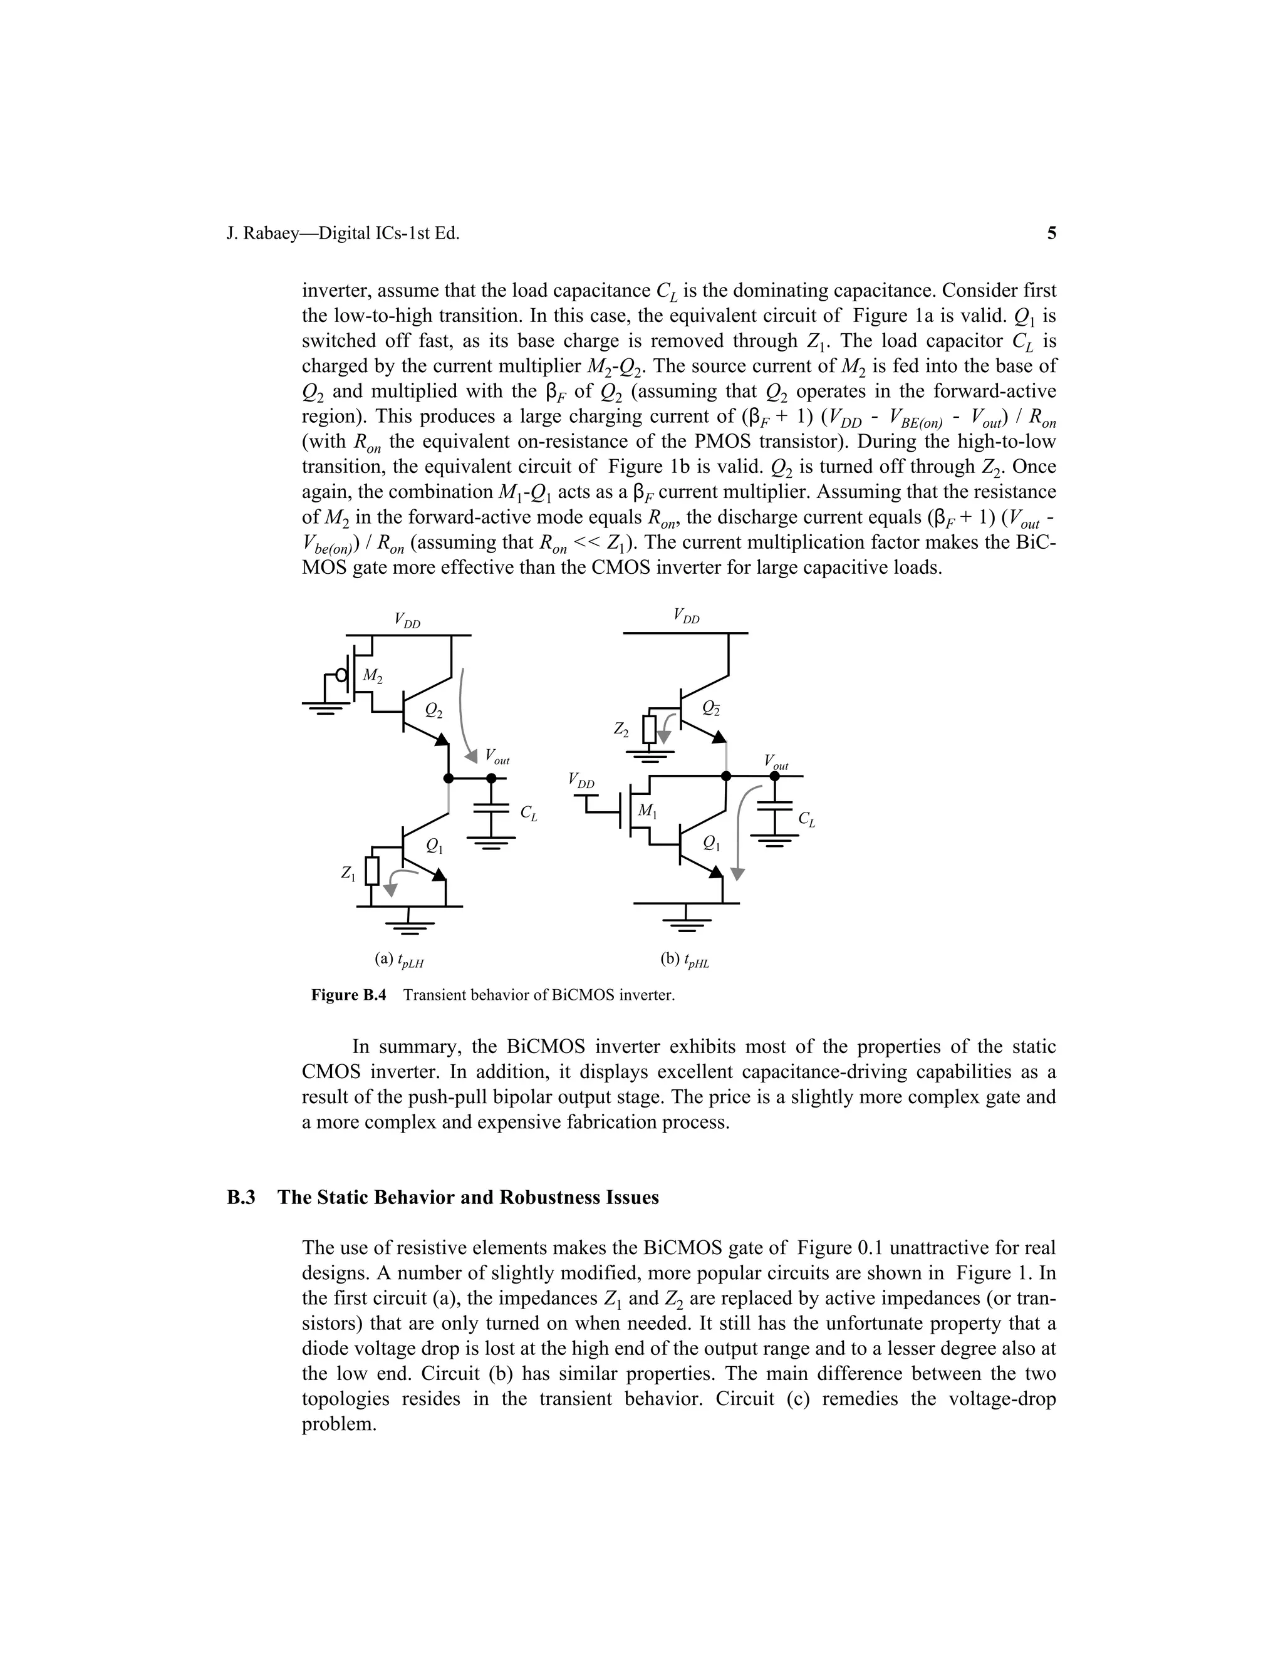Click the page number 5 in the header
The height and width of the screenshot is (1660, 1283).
[1051, 234]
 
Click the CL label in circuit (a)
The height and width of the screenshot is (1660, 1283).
[528, 813]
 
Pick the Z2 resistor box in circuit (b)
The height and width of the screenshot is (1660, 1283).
[649, 730]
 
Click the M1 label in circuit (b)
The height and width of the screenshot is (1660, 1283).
[647, 812]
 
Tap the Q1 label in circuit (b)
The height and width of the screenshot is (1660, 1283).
[712, 842]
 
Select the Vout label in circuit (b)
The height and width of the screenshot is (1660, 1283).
[776, 762]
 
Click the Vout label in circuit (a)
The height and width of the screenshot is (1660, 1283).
[497, 757]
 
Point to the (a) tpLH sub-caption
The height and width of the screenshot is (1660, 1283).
[398, 960]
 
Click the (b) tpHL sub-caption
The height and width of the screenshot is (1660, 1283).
[684, 960]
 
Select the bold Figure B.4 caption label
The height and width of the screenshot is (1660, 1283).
[349, 995]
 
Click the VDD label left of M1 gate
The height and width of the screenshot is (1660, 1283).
[581, 780]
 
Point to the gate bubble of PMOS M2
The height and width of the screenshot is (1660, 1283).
[342, 676]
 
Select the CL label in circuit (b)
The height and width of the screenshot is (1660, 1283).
[806, 819]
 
